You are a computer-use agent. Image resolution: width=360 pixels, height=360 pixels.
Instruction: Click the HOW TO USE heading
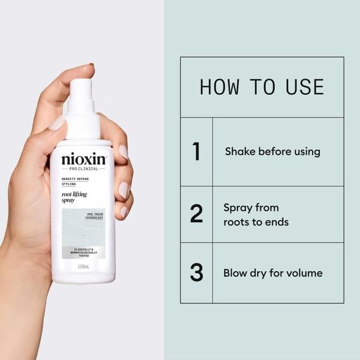(x=262, y=87)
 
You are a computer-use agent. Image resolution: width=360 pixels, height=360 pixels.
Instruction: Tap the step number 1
(x=196, y=152)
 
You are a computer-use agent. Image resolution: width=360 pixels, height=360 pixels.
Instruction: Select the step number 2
(x=196, y=214)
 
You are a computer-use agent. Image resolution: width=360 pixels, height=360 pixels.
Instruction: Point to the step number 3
(x=196, y=273)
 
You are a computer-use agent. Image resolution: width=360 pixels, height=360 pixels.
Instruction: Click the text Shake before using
(x=272, y=152)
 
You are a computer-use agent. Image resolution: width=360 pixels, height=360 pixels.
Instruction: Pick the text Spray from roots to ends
(x=256, y=215)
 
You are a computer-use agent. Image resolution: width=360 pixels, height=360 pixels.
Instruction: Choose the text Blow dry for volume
(x=273, y=273)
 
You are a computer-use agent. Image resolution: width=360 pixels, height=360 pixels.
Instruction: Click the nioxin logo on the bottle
(x=83, y=160)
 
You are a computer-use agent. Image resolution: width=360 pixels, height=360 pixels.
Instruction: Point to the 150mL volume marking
(x=83, y=266)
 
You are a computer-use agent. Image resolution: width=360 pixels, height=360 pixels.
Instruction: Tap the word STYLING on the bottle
(x=69, y=185)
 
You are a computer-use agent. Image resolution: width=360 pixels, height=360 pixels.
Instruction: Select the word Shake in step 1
(x=239, y=152)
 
